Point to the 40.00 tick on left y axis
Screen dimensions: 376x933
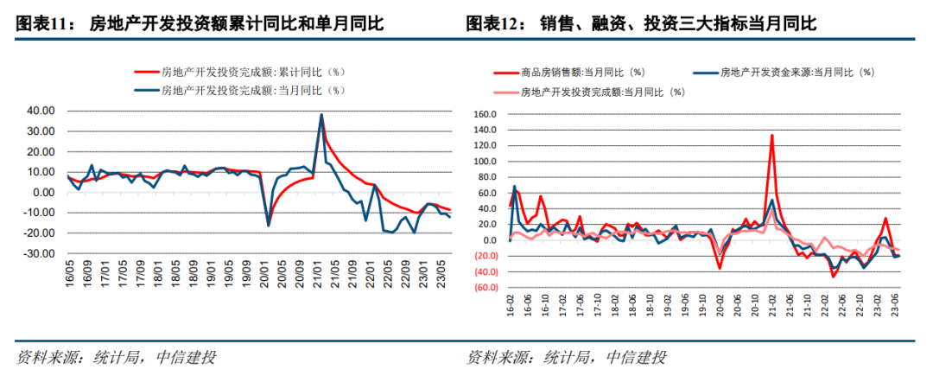(x=39, y=111)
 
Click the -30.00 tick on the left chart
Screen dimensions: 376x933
(x=37, y=254)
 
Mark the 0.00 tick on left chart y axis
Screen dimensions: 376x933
(x=42, y=193)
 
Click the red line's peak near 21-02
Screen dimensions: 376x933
(x=771, y=136)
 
